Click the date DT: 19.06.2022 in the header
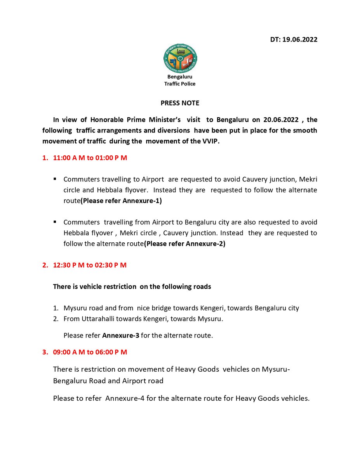coord(294,40)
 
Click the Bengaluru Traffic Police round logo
coord(180,59)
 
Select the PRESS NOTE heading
coord(180,103)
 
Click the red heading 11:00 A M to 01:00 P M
coord(90,158)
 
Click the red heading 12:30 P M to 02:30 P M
coord(90,265)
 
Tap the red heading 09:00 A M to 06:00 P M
coord(90,352)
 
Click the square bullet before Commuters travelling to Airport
coord(55,179)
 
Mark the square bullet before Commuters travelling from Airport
coord(55,222)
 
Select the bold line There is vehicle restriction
coord(132,287)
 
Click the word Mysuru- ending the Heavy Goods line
coord(276,369)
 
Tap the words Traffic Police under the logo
coord(180,84)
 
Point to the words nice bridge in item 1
coord(152,308)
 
